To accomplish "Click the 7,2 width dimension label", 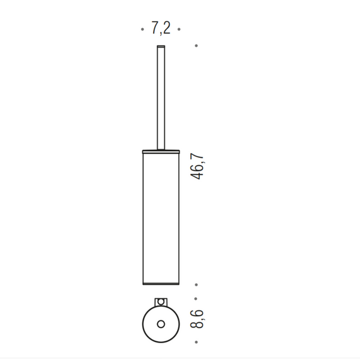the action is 161,28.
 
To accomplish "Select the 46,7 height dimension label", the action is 197,166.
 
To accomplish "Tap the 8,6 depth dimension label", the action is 197,319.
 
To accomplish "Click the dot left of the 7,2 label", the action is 142,29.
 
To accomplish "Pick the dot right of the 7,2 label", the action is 179,29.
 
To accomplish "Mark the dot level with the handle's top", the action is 196,46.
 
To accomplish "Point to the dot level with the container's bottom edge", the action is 196,284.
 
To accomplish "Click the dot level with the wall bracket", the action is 196,299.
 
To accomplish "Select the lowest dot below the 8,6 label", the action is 196,342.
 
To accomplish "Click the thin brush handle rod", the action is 161,98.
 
